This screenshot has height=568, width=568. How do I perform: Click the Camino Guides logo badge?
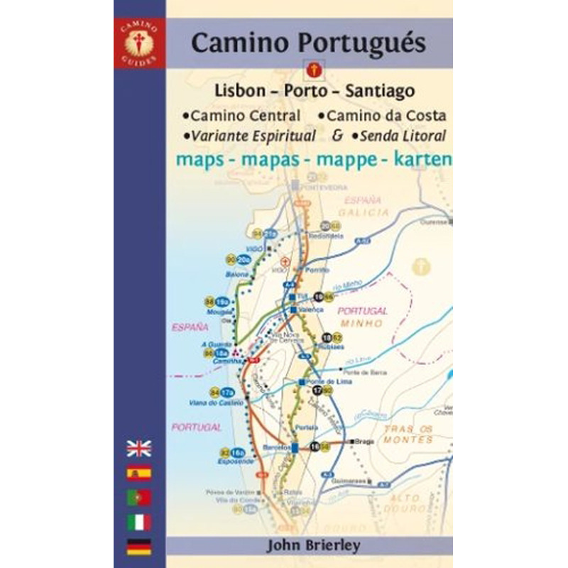point(139,44)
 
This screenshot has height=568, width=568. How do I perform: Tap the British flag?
point(139,448)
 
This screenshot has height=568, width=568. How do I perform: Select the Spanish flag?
point(139,473)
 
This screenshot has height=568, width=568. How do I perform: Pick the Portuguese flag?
point(139,498)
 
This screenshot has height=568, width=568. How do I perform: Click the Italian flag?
point(139,523)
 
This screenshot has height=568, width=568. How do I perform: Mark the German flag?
point(139,546)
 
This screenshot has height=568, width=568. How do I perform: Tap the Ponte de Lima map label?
point(319,382)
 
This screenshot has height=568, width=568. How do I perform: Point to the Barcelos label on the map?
point(275,448)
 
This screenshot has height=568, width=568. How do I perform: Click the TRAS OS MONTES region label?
point(408,434)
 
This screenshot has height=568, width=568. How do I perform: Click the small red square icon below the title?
point(312,70)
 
